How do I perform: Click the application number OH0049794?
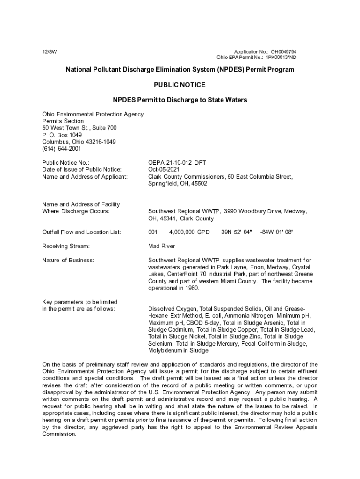pyautogui.click(x=282, y=51)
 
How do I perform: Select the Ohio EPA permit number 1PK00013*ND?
pyautogui.click(x=281, y=58)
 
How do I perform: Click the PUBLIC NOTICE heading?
pyautogui.click(x=180, y=85)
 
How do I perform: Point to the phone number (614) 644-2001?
pyautogui.click(x=62, y=149)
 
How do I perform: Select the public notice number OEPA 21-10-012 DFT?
pyautogui.click(x=177, y=163)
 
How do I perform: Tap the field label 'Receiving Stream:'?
pyautogui.click(x=66, y=246)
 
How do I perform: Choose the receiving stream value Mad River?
pyautogui.click(x=161, y=246)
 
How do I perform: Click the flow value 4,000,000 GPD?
pyautogui.click(x=189, y=232)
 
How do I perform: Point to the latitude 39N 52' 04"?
pyautogui.click(x=236, y=232)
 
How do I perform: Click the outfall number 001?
pyautogui.click(x=153, y=232)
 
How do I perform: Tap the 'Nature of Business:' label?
pyautogui.click(x=68, y=260)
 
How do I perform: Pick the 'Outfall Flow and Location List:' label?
pyautogui.click(x=82, y=232)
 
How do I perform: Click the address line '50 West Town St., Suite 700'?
pyautogui.click(x=79, y=128)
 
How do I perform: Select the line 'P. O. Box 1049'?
pyautogui.click(x=62, y=135)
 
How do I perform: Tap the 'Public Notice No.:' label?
pyautogui.click(x=65, y=163)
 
